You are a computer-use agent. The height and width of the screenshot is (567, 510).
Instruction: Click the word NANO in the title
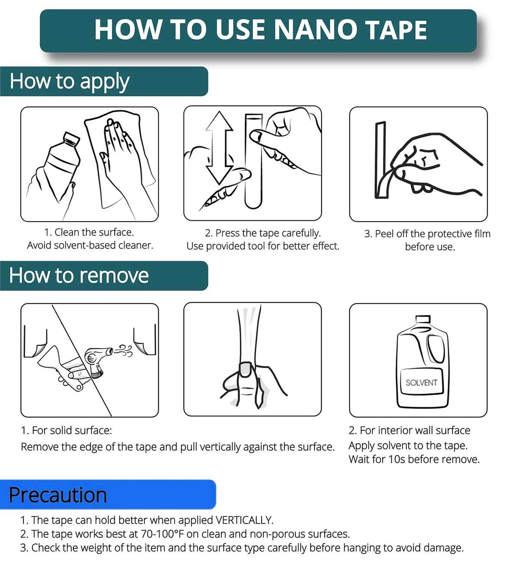(315, 30)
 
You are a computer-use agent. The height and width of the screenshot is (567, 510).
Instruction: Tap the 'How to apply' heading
(70, 82)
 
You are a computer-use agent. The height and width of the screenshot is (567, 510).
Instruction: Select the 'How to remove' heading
(79, 275)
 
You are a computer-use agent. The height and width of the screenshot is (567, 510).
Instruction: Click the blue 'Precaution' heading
(58, 495)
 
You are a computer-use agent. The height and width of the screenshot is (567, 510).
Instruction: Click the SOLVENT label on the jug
(421, 383)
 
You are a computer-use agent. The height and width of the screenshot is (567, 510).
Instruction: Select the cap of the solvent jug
(423, 320)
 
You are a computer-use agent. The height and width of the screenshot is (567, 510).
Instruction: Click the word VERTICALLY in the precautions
(244, 520)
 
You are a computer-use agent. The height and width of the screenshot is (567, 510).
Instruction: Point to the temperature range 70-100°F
(162, 534)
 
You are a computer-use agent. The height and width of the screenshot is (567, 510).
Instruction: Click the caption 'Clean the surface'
(94, 232)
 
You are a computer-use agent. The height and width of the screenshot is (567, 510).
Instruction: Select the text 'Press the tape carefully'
(268, 233)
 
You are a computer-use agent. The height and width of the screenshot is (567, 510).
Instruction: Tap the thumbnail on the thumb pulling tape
(246, 369)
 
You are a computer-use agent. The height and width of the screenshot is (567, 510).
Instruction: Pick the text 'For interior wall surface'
(415, 430)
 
